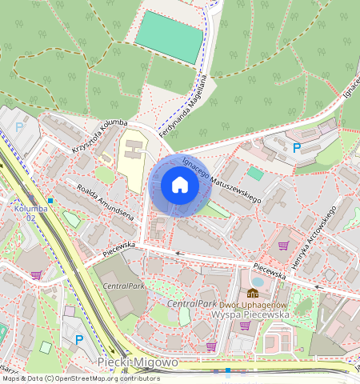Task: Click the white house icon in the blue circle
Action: (x=180, y=186)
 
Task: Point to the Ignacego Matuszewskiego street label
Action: (x=222, y=179)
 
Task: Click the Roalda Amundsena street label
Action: (x=104, y=202)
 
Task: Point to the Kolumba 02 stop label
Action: (x=25, y=213)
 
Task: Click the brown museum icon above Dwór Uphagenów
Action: (x=253, y=293)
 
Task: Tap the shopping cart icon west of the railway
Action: (x=36, y=274)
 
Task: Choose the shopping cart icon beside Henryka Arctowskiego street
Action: (x=283, y=246)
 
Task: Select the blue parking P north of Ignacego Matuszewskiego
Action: (x=297, y=147)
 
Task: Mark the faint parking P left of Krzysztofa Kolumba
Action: (x=19, y=126)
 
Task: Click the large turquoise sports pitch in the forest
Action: (x=170, y=37)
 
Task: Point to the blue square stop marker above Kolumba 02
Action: (x=50, y=200)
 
